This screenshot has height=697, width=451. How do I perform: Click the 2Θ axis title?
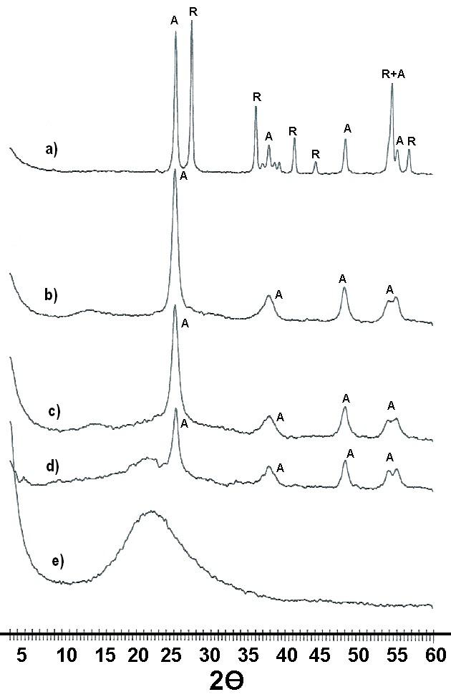click(226, 681)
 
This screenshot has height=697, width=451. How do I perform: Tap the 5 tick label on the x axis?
click(21, 655)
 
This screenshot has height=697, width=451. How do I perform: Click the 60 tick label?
click(435, 655)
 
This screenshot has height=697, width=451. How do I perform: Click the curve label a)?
click(52, 149)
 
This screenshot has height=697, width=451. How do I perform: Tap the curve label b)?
click(52, 294)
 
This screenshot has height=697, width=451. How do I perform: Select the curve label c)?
click(54, 412)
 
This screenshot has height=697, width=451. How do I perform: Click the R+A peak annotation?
click(394, 74)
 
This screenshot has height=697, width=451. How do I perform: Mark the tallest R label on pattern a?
click(193, 12)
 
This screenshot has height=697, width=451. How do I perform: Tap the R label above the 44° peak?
click(316, 154)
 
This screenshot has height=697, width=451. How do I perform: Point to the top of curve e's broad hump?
click(152, 511)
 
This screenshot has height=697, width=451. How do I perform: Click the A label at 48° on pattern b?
click(342, 279)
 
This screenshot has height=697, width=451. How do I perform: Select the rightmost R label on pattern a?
click(412, 142)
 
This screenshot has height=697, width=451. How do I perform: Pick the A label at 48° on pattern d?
click(350, 454)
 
